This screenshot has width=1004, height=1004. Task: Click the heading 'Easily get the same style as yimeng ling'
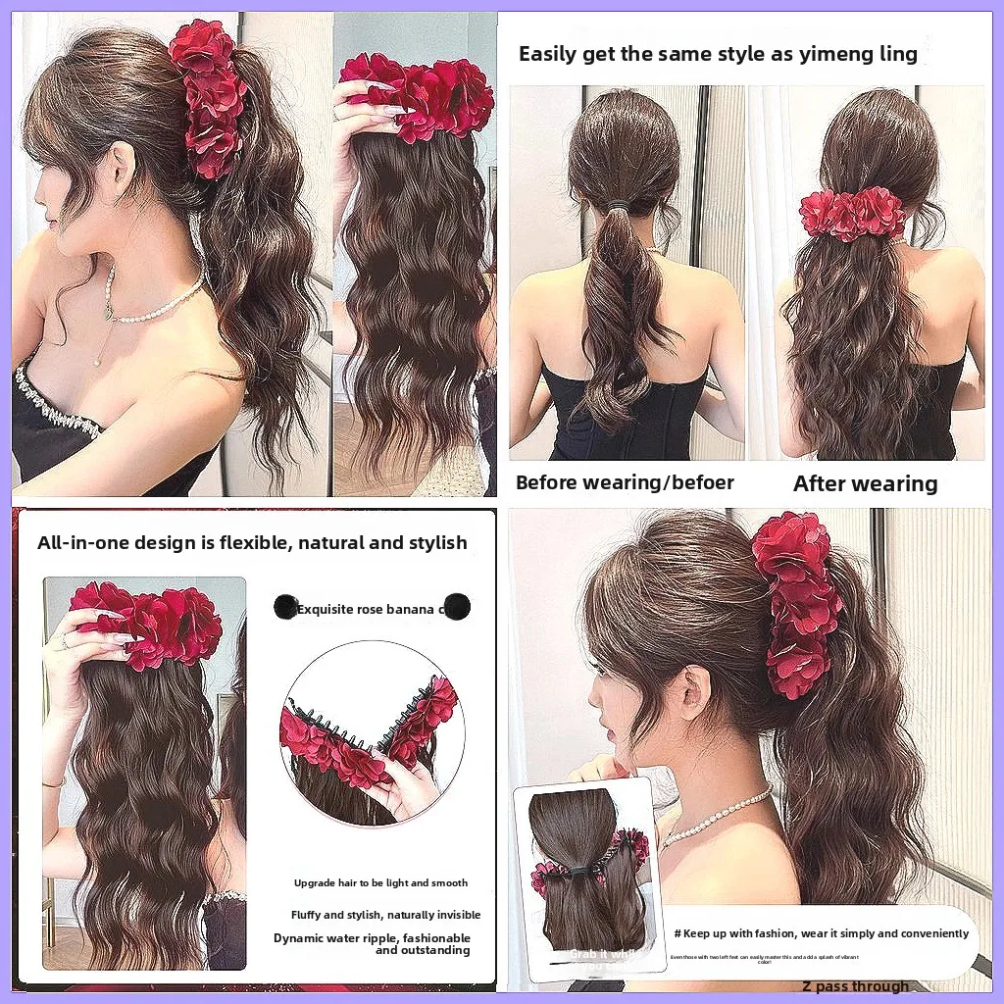[x=718, y=54]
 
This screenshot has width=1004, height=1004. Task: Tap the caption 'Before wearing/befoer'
[x=625, y=482]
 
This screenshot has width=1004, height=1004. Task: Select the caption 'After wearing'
[x=865, y=483]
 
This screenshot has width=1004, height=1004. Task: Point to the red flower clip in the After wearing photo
[x=851, y=214]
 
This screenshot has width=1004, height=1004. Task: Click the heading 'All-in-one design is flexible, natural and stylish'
[x=252, y=542]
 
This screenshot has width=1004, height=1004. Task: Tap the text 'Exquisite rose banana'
[x=365, y=609]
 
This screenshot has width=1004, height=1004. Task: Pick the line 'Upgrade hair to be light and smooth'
[x=380, y=883]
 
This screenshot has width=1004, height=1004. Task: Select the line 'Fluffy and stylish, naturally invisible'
[x=385, y=915]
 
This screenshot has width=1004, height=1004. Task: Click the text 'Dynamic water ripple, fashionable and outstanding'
[x=372, y=944]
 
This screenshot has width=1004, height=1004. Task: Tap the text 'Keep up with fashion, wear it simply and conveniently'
[x=821, y=933]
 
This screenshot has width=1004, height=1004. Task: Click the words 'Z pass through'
[x=854, y=986]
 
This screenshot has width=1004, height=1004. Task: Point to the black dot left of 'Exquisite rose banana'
[x=286, y=607]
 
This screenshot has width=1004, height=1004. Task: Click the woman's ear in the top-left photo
[x=121, y=168]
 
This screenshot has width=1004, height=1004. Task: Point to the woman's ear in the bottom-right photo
[x=698, y=686]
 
